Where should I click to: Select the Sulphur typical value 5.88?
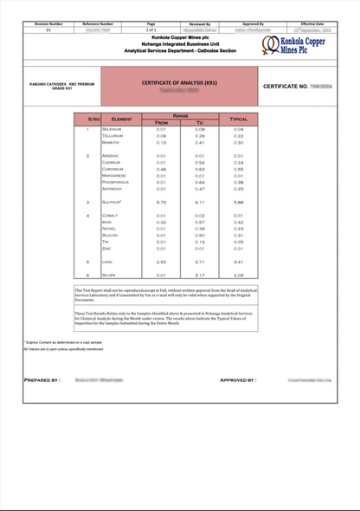(239, 202)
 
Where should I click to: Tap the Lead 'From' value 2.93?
(161, 261)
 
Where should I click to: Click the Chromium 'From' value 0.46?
(161, 169)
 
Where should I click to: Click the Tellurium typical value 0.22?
(239, 136)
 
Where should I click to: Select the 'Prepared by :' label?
(42, 380)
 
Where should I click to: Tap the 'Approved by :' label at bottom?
(237, 380)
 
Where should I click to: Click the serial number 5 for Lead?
(88, 261)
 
